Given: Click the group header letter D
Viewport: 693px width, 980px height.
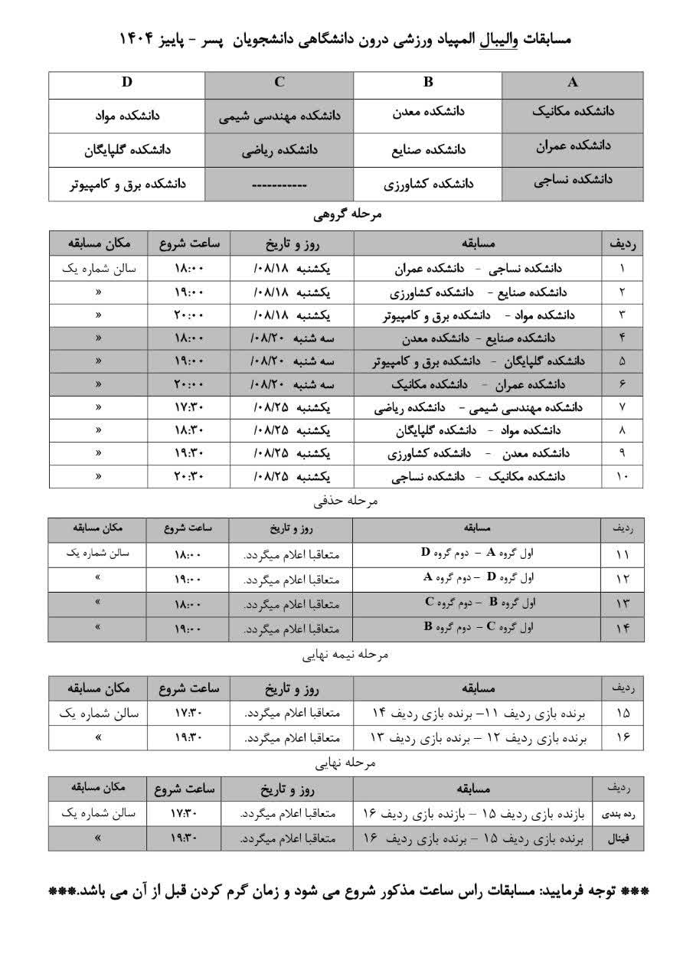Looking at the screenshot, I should click(127, 83).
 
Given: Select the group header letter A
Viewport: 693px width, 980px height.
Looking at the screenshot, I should click(573, 83).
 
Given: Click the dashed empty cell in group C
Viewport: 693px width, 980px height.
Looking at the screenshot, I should click(279, 185).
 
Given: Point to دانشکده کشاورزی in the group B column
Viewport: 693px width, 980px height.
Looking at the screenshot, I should click(428, 185).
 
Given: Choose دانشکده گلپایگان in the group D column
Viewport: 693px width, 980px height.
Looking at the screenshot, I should click(128, 150).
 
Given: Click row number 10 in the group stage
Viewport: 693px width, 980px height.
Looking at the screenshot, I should click(622, 476).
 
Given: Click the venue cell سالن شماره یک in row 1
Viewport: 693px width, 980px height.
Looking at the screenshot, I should click(99, 269).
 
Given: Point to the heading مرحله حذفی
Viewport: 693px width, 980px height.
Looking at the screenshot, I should click(347, 501).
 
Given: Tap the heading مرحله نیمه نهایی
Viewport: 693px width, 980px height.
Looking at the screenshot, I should click(347, 655).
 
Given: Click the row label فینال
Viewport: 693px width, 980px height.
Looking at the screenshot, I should click(618, 838).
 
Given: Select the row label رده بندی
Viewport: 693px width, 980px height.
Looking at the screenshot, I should click(618, 814).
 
